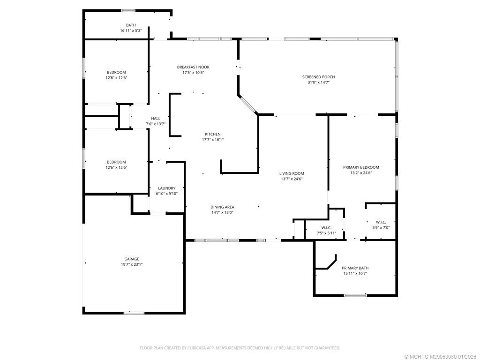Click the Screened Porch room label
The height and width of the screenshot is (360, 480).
tap(318, 77)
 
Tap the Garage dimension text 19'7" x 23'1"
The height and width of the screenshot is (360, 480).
tap(131, 264)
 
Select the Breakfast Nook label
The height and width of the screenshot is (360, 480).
tap(193, 67)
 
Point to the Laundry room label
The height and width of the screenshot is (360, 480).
tap(166, 188)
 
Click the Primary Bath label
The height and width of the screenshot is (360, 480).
tap(355, 268)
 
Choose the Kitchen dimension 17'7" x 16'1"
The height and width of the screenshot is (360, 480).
tap(212, 140)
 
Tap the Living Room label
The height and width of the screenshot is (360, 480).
tap(292, 173)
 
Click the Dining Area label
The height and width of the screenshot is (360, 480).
tap(222, 207)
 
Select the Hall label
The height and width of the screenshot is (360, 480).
tap(156, 119)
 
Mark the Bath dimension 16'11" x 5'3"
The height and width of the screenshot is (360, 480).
tap(131, 30)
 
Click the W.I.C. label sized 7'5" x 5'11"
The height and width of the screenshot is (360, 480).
tap(326, 227)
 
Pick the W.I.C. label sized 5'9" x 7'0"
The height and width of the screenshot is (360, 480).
tap(381, 222)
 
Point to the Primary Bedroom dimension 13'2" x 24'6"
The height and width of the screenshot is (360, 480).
tap(361, 172)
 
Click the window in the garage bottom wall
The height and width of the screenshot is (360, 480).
tap(134, 313)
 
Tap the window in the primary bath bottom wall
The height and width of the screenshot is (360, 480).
tap(355, 295)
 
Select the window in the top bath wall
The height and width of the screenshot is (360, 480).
tap(128, 10)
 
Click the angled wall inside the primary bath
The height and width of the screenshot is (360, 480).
tap(332, 262)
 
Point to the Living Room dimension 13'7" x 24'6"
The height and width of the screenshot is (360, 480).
tap(292, 179)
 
